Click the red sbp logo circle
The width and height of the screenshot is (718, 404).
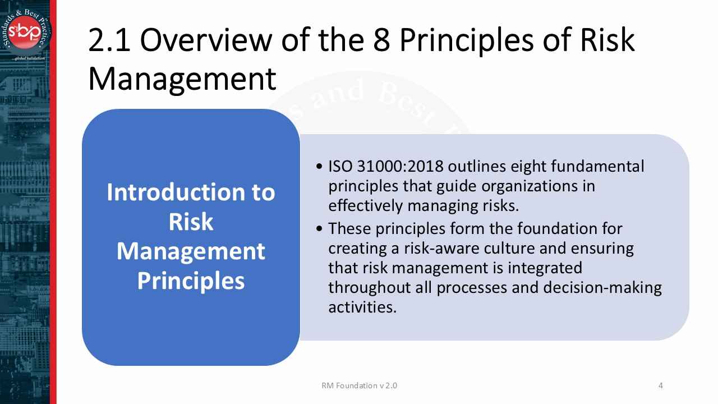click(25, 32)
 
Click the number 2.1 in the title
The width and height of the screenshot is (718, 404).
click(109, 40)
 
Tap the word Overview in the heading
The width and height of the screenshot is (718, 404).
click(206, 39)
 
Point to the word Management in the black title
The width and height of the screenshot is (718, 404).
click(182, 79)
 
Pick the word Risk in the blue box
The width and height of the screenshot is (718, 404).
click(191, 222)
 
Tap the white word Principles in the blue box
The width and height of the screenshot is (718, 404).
click(191, 281)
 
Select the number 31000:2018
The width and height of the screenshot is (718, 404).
click(400, 167)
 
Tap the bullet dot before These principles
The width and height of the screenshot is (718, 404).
click(319, 229)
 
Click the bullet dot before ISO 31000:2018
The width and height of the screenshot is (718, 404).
click(319, 167)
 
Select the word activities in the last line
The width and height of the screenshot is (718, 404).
click(362, 307)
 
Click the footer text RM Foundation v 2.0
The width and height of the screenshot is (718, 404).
click(360, 385)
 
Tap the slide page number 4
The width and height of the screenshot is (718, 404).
click(661, 385)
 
